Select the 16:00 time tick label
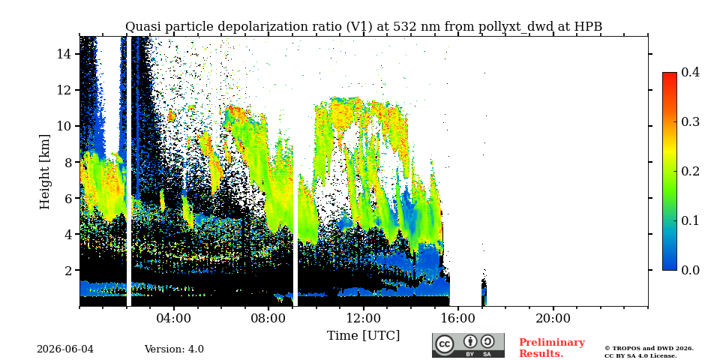pyautogui.click(x=458, y=318)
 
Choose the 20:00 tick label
pyautogui.click(x=553, y=318)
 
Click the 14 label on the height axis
pyautogui.click(x=64, y=54)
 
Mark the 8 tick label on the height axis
pyautogui.click(x=69, y=162)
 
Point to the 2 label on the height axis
pyautogui.click(x=69, y=270)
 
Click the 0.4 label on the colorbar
pyautogui.click(x=690, y=72)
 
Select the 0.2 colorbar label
pyautogui.click(x=690, y=171)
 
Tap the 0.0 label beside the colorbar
pyautogui.click(x=690, y=270)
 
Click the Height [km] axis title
pyautogui.click(x=44, y=172)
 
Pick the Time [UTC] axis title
pyautogui.click(x=363, y=336)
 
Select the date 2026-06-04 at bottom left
pyautogui.click(x=65, y=349)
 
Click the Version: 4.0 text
pyautogui.click(x=174, y=349)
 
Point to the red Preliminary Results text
pyautogui.click(x=552, y=348)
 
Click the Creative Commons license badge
pyautogui.click(x=468, y=345)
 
